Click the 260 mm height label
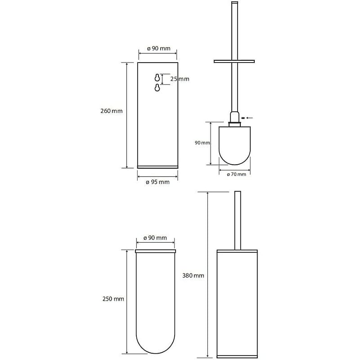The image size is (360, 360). (111, 111)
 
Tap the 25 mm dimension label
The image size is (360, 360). (180, 79)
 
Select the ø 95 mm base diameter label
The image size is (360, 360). (157, 182)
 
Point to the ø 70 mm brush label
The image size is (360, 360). (236, 174)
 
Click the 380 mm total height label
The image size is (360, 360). (193, 275)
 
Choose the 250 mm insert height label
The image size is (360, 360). (113, 299)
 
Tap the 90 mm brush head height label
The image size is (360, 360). (202, 143)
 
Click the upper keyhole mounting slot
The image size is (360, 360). (157, 77)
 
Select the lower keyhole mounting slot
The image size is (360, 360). (157, 87)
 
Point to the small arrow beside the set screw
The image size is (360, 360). (250, 118)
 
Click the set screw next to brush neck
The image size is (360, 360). (243, 118)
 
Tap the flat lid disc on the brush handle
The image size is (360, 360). (234, 61)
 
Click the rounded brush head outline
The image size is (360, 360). (234, 165)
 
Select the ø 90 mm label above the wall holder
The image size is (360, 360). (159, 49)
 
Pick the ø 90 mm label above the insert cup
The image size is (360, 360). (155, 238)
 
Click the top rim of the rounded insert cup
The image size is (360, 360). (155, 251)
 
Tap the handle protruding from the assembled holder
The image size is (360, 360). (238, 220)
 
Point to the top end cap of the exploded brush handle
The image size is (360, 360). (234, 3)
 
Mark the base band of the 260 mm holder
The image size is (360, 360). (157, 167)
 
